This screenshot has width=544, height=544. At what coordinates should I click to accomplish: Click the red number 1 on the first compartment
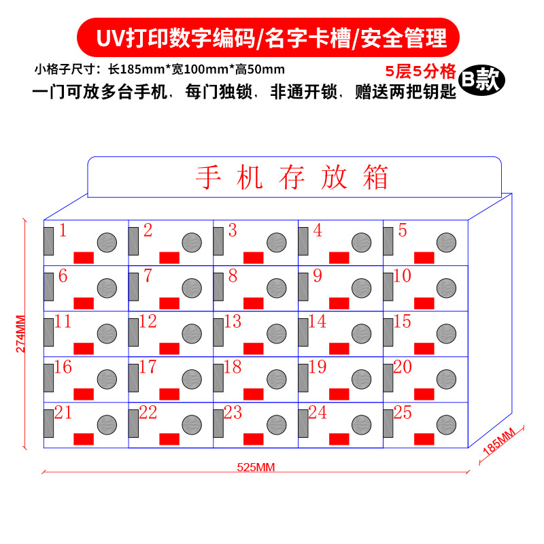coord(63,231)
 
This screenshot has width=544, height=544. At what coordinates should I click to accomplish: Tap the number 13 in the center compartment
coord(233,321)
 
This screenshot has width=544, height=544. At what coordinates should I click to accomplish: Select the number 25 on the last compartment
coord(403,412)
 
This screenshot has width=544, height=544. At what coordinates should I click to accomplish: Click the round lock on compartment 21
coord(107,424)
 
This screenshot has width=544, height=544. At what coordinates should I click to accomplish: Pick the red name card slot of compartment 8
coord(254,303)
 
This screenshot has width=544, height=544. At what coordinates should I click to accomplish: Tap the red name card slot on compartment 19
coord(339,394)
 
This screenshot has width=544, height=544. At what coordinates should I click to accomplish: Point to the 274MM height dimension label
coord(20,333)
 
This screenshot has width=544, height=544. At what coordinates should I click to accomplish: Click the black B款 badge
coord(481,80)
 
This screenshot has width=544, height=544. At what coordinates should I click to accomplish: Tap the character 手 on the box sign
coord(209,177)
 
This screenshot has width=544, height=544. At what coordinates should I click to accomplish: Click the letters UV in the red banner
coord(111,37)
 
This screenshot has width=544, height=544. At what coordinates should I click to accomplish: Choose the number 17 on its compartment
coord(148,367)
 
